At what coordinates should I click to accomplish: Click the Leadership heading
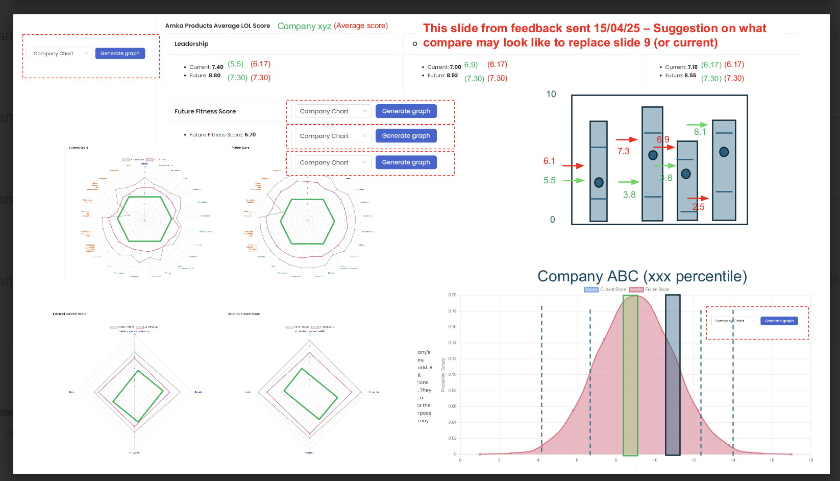(191, 44)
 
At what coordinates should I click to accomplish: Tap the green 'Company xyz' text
(305, 26)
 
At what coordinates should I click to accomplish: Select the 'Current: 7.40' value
(206, 67)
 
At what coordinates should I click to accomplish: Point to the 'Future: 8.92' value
(442, 76)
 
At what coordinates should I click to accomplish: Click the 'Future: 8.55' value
(680, 76)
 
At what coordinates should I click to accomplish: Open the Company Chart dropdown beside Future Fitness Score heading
(333, 111)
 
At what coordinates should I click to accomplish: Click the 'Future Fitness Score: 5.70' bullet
(223, 135)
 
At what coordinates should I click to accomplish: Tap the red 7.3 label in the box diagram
(623, 151)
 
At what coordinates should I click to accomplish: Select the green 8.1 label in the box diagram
(700, 132)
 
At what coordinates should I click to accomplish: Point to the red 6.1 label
(549, 161)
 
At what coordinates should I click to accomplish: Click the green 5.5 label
(549, 180)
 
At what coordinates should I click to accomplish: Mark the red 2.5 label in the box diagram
(698, 207)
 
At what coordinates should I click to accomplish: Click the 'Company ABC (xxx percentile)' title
(642, 276)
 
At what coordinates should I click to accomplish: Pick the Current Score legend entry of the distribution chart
(606, 290)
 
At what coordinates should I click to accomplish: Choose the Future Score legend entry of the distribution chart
(650, 290)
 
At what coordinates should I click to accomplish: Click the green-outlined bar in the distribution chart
(630, 375)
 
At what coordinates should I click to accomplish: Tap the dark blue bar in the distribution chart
(673, 375)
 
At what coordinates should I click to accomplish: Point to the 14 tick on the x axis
(733, 460)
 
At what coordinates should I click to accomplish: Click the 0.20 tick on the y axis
(452, 295)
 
